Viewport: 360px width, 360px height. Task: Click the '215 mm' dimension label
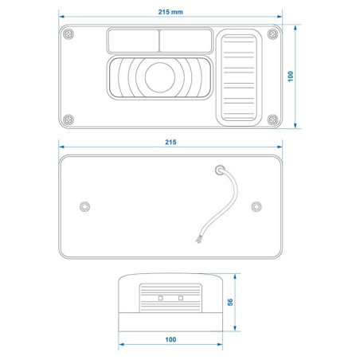[170, 12]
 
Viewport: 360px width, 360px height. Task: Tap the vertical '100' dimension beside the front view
[291, 76]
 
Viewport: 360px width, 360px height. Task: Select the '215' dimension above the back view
[170, 143]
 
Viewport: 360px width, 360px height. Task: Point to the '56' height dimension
[230, 302]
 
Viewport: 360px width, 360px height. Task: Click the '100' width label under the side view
[170, 339]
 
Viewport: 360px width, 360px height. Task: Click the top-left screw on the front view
[68, 34]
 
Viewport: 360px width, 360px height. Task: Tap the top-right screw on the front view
[272, 34]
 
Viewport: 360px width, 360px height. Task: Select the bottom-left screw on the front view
[68, 119]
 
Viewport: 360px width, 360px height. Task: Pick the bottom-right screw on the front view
[272, 119]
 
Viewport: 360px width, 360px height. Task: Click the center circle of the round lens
[160, 77]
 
